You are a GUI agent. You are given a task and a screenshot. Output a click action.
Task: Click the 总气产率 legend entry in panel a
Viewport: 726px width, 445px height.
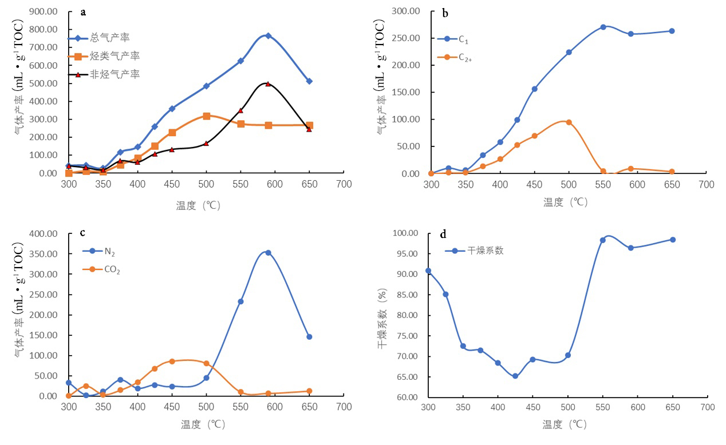click(x=109, y=38)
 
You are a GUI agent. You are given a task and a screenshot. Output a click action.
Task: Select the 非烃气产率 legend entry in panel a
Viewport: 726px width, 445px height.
click(x=115, y=74)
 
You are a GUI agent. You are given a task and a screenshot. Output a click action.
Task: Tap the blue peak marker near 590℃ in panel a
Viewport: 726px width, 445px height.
click(x=268, y=35)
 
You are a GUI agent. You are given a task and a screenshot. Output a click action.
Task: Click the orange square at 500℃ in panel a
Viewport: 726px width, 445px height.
click(x=206, y=116)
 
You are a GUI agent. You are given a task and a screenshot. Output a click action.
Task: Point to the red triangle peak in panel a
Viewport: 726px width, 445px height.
click(x=268, y=84)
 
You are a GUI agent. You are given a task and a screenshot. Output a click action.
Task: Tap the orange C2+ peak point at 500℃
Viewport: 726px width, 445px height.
click(x=569, y=122)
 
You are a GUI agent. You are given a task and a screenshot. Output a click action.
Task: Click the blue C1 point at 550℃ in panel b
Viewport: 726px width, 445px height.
click(x=603, y=27)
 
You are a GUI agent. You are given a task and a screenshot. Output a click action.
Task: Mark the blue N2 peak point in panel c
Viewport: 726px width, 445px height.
click(x=268, y=252)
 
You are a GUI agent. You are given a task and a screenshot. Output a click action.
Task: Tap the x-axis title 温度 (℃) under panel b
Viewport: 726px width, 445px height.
click(x=565, y=202)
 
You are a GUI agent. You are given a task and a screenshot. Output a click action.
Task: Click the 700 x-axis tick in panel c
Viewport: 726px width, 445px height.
click(x=344, y=407)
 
